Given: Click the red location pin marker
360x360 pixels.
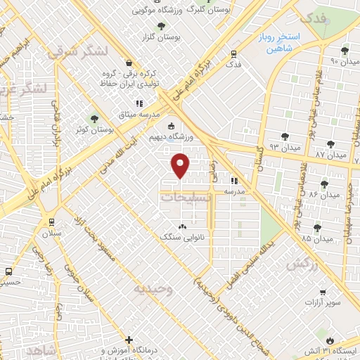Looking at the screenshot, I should (x=181, y=165).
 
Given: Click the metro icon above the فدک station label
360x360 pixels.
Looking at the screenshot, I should (x=233, y=53).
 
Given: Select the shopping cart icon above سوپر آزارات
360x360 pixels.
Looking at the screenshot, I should (x=321, y=292).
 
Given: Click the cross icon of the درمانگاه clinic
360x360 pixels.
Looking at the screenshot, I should (x=129, y=340).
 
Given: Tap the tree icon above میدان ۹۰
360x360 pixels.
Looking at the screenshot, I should (x=345, y=51).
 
